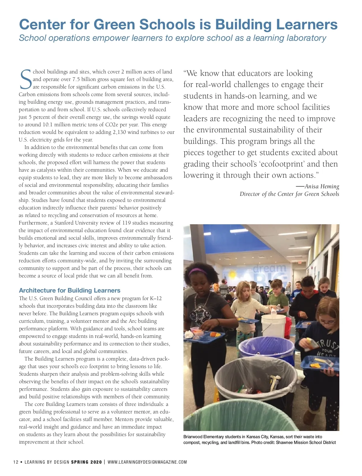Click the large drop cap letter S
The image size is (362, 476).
(25, 80)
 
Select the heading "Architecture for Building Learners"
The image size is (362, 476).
(70, 290)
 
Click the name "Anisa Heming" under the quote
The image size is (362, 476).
(322, 186)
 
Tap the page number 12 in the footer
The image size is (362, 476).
(16, 462)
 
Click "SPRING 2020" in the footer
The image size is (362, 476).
(87, 462)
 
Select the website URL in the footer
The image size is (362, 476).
(147, 462)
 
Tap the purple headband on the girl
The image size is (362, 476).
(198, 271)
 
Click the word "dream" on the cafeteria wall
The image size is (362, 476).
(269, 268)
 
